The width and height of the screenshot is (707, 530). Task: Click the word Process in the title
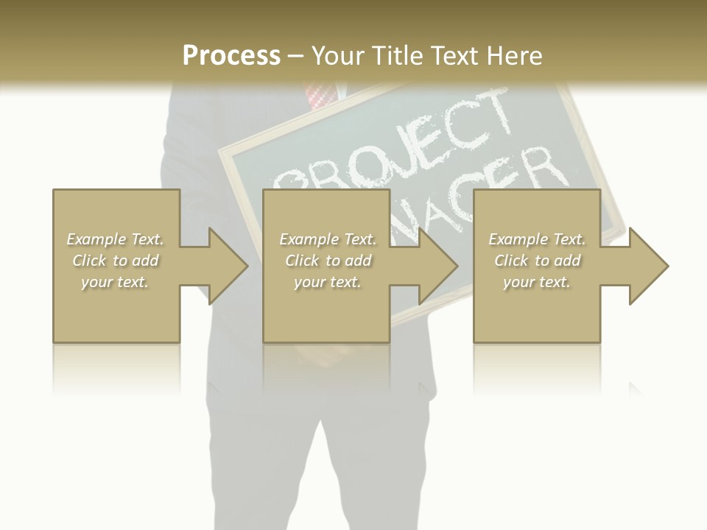tap(231, 55)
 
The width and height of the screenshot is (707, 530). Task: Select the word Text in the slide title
tap(454, 55)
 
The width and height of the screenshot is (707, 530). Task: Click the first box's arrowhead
tap(228, 266)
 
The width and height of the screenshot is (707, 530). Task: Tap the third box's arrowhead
tap(648, 266)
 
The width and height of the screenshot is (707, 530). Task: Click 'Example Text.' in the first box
tap(116, 239)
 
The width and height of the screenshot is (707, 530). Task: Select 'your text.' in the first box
tap(116, 282)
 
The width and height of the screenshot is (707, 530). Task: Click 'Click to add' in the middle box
tap(328, 261)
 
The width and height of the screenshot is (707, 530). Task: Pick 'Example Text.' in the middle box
tap(328, 239)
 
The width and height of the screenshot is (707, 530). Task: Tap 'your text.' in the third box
tap(537, 282)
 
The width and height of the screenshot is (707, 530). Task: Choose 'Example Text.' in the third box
tap(537, 239)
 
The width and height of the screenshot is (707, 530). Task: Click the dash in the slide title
tap(296, 57)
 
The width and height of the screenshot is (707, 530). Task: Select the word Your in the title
tap(338, 55)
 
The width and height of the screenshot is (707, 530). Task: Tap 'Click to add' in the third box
tap(537, 261)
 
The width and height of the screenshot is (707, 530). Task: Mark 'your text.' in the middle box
tap(328, 282)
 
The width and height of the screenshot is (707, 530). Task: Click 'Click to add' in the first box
tap(116, 261)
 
